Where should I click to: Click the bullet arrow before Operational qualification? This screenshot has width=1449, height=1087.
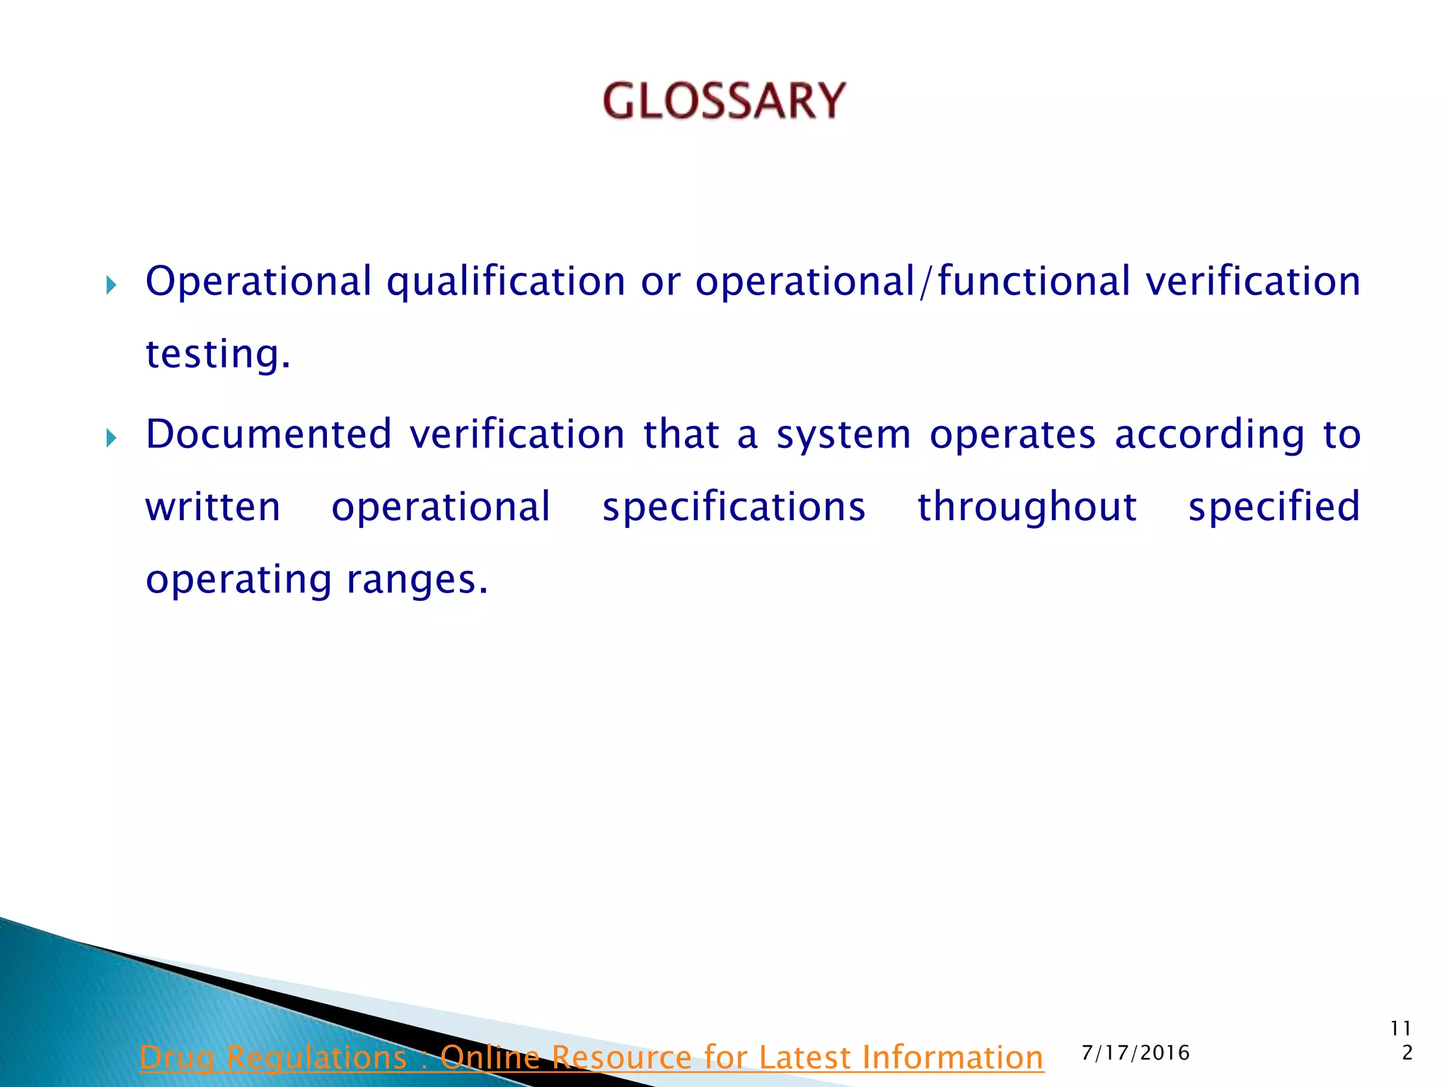coord(110,286)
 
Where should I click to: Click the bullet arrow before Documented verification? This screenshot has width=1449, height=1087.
coord(110,438)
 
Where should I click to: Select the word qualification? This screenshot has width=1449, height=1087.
coord(505,282)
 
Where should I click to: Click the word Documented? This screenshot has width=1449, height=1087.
coord(268,434)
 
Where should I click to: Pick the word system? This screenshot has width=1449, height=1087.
coord(844,435)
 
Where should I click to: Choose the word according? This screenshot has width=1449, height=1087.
coord(1210,435)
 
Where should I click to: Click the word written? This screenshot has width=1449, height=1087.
coord(213,507)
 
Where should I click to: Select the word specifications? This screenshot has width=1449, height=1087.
coord(734,508)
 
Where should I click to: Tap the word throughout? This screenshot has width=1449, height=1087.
coord(1027,508)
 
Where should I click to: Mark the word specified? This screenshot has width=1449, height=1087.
coord(1274,508)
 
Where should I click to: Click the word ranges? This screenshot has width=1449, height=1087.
coord(417,581)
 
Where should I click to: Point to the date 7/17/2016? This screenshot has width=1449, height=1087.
coord(1136,1053)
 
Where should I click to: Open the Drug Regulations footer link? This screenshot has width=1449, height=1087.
coord(591,1057)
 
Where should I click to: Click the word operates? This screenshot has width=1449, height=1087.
coord(1012,435)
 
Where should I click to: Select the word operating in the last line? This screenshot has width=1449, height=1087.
coord(238,581)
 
